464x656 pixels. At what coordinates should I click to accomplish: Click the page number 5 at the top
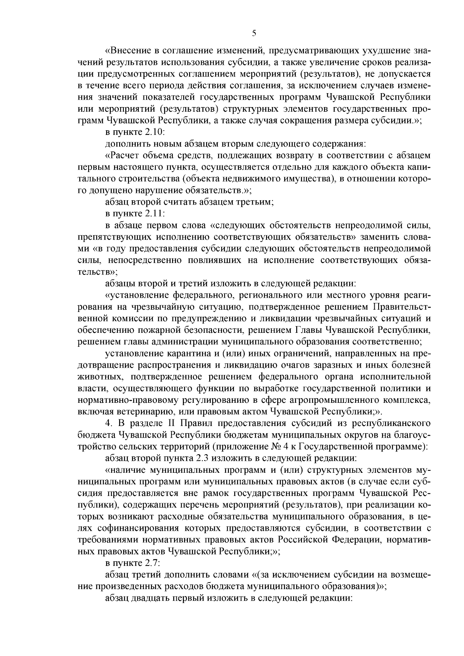254,33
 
